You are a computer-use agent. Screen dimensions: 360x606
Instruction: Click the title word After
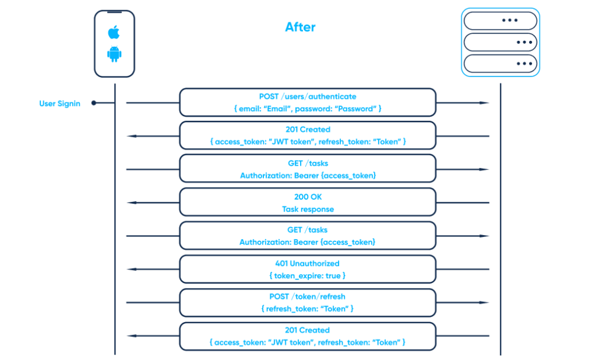click(x=300, y=27)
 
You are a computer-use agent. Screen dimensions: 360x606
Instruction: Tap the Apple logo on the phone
click(x=114, y=31)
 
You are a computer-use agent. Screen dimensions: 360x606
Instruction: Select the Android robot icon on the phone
click(x=114, y=54)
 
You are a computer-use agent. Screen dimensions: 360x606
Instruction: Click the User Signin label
click(x=60, y=104)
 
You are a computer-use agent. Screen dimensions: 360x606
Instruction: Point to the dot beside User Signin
click(x=94, y=104)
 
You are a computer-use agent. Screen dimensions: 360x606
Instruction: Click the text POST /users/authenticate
click(x=307, y=97)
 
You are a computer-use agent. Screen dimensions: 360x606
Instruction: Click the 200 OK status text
click(x=307, y=197)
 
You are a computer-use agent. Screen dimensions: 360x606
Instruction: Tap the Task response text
click(x=307, y=209)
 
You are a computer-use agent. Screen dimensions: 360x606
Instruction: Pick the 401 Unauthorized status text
click(x=307, y=263)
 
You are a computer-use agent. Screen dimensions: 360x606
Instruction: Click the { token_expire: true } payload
click(x=307, y=275)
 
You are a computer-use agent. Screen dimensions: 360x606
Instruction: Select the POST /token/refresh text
click(x=307, y=297)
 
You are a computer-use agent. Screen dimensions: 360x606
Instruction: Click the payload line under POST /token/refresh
click(x=307, y=308)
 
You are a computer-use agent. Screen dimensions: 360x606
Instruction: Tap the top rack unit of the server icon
click(x=500, y=20)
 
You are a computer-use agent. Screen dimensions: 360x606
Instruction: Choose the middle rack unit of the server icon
click(x=500, y=42)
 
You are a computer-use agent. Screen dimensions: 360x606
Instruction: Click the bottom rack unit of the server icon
click(x=500, y=63)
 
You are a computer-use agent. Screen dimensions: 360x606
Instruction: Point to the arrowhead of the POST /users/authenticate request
click(x=485, y=103)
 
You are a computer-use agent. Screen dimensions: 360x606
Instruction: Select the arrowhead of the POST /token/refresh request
click(x=485, y=303)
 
